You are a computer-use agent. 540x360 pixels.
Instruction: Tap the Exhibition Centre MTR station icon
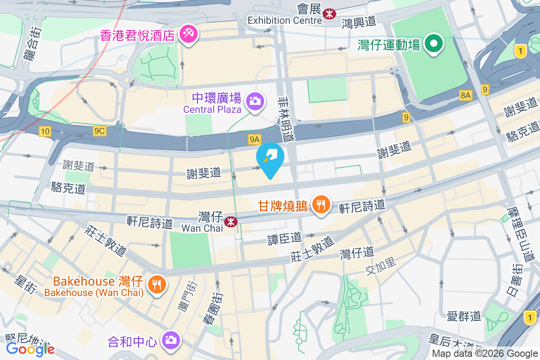tap(330, 14)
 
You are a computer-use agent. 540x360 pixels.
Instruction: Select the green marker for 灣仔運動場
tap(434, 44)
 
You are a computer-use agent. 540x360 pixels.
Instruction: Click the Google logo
tap(31, 349)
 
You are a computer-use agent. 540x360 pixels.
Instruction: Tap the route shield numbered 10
tap(45, 131)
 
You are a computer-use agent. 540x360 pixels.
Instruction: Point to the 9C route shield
tap(99, 131)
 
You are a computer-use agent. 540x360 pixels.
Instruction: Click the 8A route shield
tap(465, 95)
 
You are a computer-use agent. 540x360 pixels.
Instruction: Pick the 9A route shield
tap(255, 140)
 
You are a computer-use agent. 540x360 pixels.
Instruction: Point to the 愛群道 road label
tap(464, 316)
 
